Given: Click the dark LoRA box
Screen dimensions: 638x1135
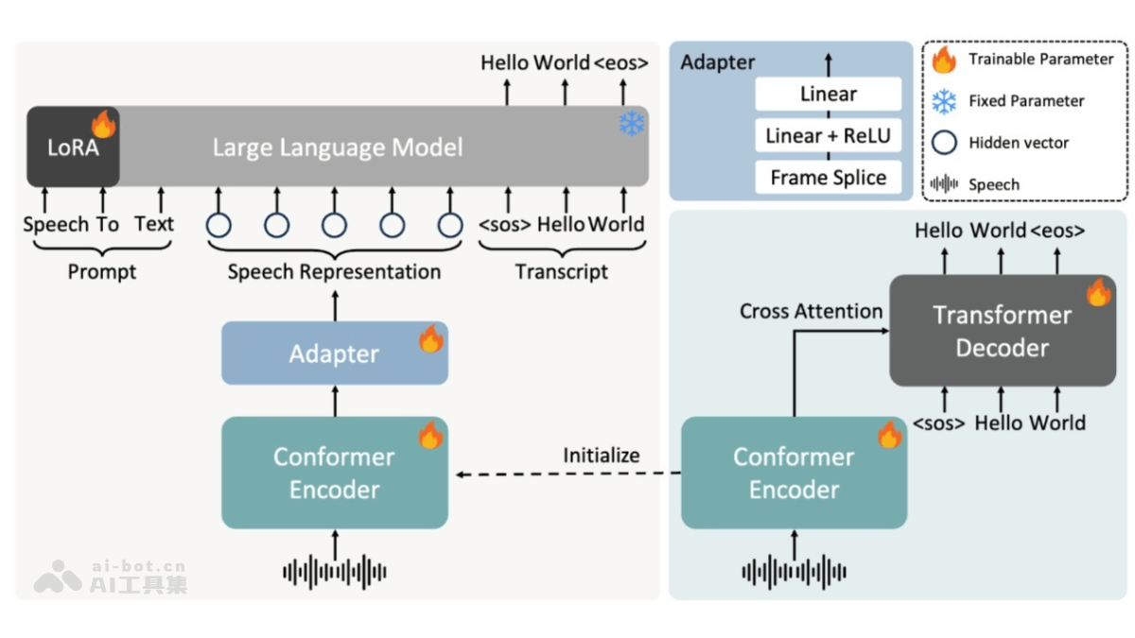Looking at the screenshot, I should (x=72, y=147).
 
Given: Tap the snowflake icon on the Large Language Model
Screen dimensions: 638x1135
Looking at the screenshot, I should (x=632, y=124).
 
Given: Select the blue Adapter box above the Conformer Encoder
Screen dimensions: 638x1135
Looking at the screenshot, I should (x=334, y=353).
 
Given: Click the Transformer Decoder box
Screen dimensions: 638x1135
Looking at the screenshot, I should (x=1002, y=331).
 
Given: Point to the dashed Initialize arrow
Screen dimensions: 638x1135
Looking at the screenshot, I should (x=567, y=474).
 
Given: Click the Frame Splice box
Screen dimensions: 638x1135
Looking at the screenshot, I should (x=828, y=178).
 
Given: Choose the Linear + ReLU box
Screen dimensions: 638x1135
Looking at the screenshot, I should (x=828, y=136).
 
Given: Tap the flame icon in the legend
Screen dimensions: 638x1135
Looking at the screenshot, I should (x=944, y=60).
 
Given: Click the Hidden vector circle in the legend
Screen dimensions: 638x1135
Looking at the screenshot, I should (x=944, y=143).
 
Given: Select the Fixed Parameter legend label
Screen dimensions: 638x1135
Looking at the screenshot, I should (x=1026, y=101).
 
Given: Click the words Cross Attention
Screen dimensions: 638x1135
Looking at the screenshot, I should (x=811, y=311).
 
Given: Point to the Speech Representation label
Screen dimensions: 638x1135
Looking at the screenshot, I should (x=334, y=272).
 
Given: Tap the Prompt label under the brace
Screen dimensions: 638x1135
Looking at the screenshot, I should (x=101, y=272).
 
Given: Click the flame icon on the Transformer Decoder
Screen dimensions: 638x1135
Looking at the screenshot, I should (x=1098, y=292).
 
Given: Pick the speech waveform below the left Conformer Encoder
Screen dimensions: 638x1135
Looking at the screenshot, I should (x=335, y=571).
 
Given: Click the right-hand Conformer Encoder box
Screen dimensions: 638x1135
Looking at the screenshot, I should (x=794, y=473).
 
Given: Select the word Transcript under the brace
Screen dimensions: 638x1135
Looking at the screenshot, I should (x=561, y=272).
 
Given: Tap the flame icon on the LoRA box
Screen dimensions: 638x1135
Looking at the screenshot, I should (x=103, y=124).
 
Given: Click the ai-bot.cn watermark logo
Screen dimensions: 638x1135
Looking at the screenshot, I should (x=59, y=576).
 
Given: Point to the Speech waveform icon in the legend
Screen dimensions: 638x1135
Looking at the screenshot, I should (x=944, y=184).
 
